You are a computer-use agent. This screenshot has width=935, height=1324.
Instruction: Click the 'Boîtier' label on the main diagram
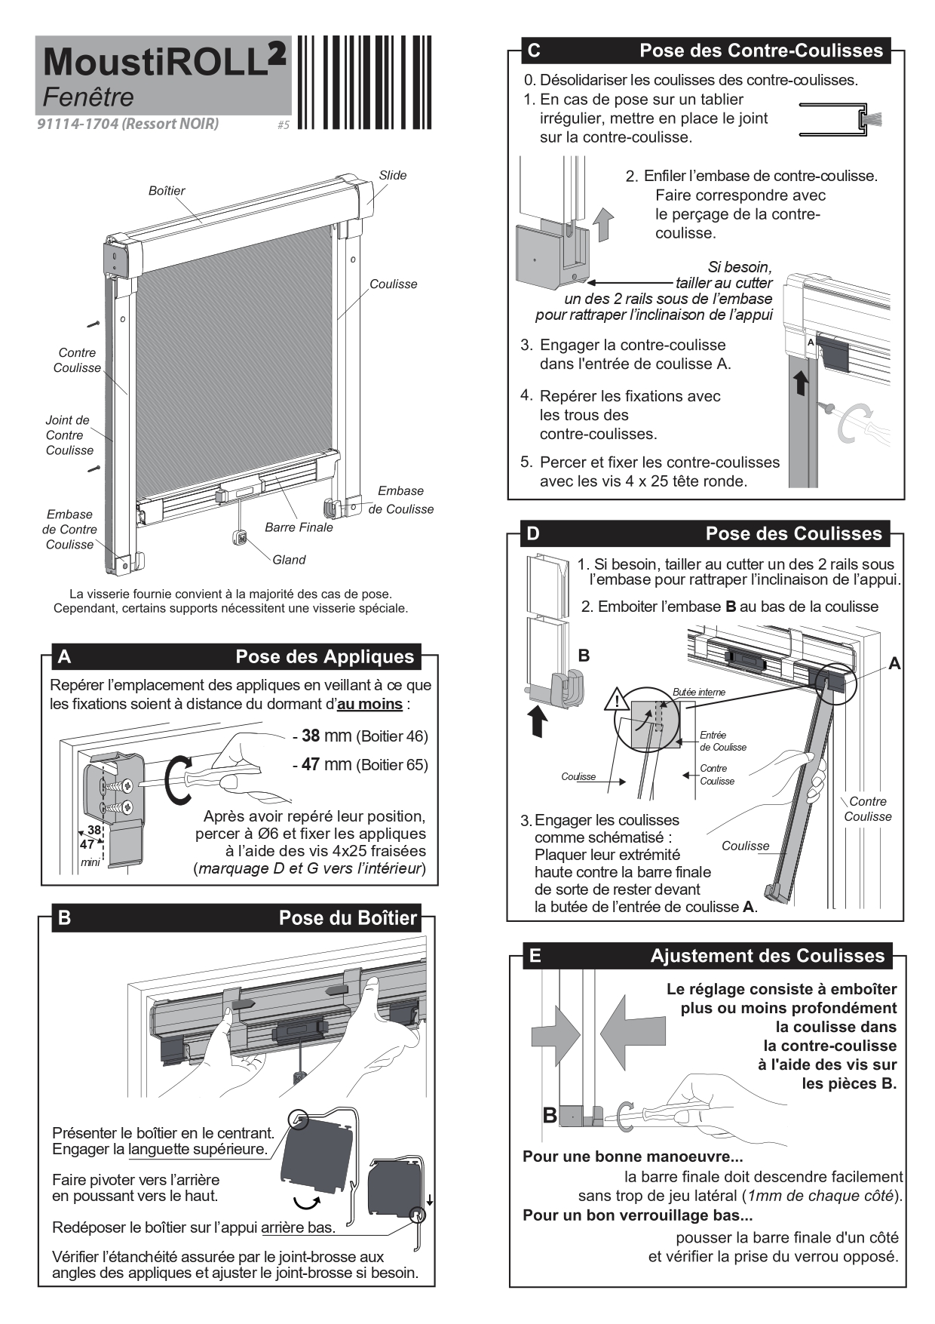tap(167, 191)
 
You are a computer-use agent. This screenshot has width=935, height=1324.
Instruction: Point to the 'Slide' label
tap(392, 175)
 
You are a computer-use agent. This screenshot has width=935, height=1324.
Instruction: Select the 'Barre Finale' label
tap(299, 527)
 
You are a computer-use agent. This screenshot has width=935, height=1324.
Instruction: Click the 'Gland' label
tap(289, 560)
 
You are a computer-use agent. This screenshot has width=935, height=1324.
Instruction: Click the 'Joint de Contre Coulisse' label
tap(69, 435)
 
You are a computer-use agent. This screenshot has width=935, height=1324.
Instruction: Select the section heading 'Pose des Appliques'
tap(324, 656)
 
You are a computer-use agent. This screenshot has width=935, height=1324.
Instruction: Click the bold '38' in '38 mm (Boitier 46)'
tap(310, 736)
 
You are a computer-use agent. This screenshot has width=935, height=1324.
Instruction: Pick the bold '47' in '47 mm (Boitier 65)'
tap(310, 765)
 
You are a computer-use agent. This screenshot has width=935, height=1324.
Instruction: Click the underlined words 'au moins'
tap(369, 705)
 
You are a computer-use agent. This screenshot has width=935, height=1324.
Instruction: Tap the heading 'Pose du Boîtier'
tap(348, 918)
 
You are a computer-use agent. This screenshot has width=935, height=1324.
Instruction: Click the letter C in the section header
tap(534, 51)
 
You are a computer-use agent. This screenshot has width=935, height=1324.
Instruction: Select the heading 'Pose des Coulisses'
tap(793, 533)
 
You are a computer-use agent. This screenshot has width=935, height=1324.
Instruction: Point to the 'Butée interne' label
tap(699, 692)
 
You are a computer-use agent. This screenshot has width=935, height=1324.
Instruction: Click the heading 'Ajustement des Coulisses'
tap(767, 956)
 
